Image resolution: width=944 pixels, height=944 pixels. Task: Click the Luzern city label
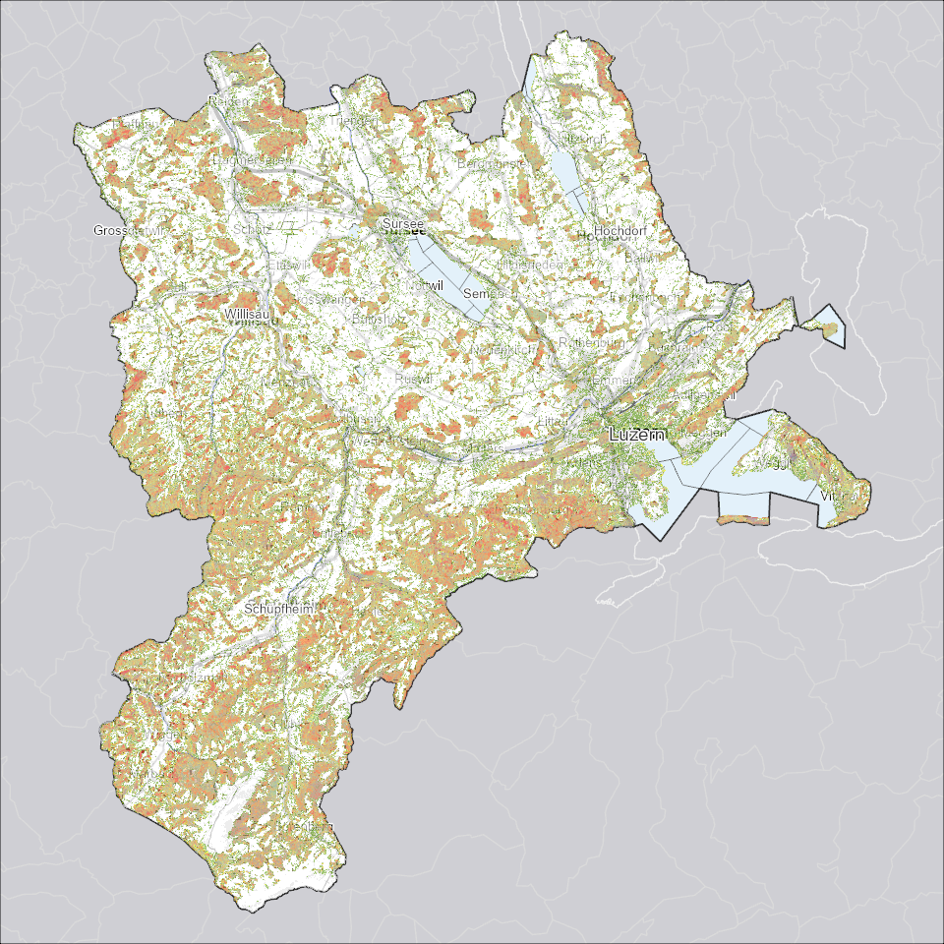click(637, 434)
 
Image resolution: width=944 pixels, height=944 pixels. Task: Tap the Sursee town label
click(403, 225)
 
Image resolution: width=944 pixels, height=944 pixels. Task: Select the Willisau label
click(246, 314)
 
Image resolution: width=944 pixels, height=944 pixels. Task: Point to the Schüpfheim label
click(279, 610)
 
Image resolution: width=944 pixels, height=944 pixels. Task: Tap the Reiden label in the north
click(226, 102)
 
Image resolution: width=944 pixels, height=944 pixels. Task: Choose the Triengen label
click(356, 120)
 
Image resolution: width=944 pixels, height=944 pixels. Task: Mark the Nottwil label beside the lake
click(425, 284)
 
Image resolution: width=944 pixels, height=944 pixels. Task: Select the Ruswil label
click(407, 379)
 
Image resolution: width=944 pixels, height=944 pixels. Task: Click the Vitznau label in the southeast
click(839, 497)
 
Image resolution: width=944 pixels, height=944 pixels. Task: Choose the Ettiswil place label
click(288, 265)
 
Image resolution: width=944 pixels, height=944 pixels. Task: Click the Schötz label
click(251, 229)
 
